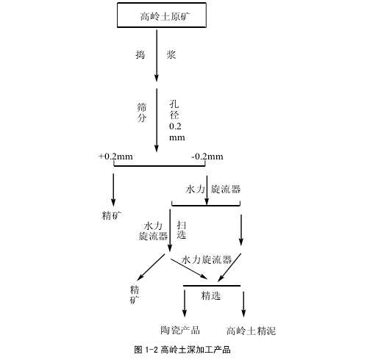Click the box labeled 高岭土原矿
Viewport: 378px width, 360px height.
[162, 15]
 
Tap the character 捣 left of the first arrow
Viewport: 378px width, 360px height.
[140, 54]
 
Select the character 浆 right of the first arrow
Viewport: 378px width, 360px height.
[171, 54]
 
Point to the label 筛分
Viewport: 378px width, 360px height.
[142, 112]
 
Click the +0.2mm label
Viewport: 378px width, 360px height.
[115, 156]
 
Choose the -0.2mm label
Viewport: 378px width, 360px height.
[207, 156]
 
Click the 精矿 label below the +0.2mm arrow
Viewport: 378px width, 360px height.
[112, 215]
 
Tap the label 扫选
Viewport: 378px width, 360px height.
[182, 230]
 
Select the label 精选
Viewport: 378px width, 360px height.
[211, 295]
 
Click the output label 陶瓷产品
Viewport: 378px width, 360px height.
[180, 330]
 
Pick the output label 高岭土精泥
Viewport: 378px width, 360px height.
[251, 331]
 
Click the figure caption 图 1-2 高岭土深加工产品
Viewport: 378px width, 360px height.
[182, 350]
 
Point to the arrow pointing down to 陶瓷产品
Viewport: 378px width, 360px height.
[185, 303]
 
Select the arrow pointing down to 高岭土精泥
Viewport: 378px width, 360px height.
[243, 304]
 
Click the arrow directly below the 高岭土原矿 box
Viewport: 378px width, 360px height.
[157, 56]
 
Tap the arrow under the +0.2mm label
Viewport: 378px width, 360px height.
[113, 190]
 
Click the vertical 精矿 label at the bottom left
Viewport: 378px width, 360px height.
[135, 295]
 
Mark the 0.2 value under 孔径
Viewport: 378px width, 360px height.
[175, 126]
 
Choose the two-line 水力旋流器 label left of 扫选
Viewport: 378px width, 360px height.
[153, 231]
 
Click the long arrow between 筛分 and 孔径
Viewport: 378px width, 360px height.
[157, 120]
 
